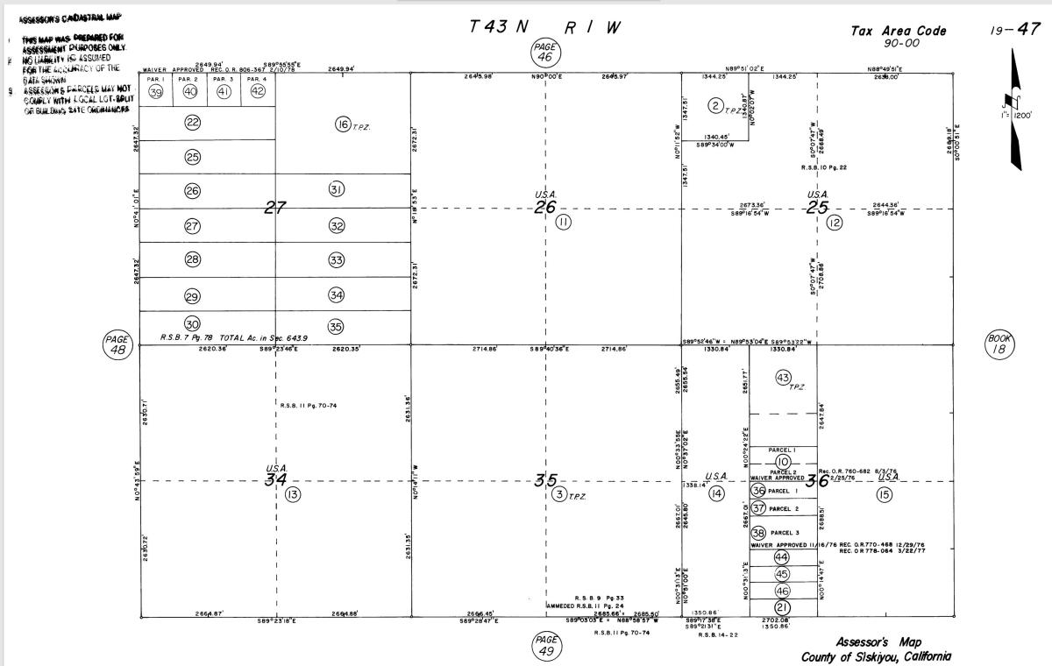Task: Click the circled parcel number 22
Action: [x=193, y=123]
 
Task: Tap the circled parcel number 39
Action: [x=156, y=92]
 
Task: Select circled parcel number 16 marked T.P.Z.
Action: [x=344, y=124]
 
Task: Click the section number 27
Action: [x=276, y=208]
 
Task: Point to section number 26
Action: [x=545, y=208]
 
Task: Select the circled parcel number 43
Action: [x=784, y=377]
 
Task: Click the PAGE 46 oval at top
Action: [x=545, y=52]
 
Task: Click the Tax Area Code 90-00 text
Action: [x=899, y=36]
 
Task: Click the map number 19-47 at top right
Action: [x=1015, y=30]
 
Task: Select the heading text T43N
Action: [x=500, y=27]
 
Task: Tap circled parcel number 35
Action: [x=336, y=327]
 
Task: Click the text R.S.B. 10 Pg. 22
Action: [x=823, y=167]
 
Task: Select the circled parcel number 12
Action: [x=834, y=223]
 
